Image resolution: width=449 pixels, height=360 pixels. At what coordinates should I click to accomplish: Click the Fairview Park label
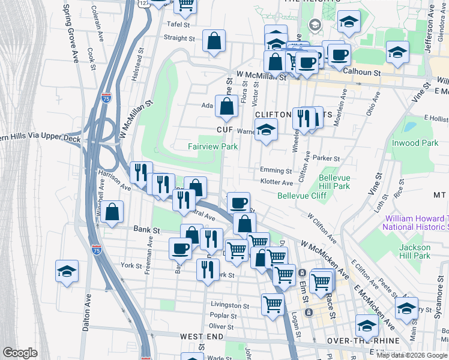click(212, 146)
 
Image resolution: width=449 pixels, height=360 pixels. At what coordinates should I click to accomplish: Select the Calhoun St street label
click(362, 72)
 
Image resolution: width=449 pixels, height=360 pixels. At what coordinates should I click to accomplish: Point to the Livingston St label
click(229, 305)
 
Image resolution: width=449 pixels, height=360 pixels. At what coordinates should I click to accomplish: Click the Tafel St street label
click(178, 25)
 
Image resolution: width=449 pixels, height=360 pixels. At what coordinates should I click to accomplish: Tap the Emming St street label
click(276, 170)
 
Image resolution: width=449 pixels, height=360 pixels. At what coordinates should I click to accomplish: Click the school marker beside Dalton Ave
click(67, 271)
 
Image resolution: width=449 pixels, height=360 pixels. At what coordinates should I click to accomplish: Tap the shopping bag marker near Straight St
click(214, 41)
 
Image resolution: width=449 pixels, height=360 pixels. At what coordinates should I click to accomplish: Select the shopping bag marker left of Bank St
click(112, 212)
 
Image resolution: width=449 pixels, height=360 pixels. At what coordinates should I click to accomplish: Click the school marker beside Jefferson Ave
click(397, 52)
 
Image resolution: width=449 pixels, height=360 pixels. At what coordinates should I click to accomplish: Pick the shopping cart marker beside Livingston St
click(273, 304)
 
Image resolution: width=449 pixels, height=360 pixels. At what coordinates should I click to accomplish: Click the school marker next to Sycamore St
click(406, 308)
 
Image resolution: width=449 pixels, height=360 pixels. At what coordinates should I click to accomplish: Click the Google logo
click(20, 353)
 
